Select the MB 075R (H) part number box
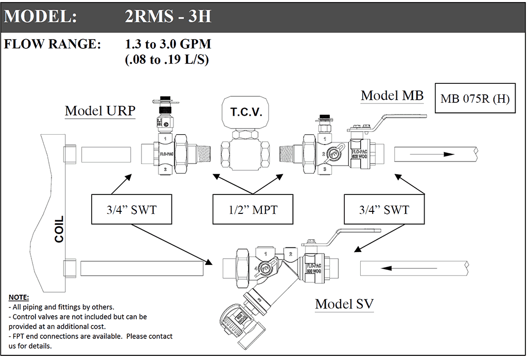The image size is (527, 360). [474, 98]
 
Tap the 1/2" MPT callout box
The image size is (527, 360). [252, 209]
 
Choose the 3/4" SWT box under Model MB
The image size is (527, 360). [384, 209]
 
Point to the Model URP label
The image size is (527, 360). [100, 111]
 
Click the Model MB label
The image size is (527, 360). [392, 95]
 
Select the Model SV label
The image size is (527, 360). [344, 303]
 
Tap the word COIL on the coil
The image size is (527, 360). [60, 229]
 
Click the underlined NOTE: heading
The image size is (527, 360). [19, 297]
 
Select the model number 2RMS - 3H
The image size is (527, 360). [168, 16]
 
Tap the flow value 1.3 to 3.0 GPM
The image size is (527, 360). [168, 44]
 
